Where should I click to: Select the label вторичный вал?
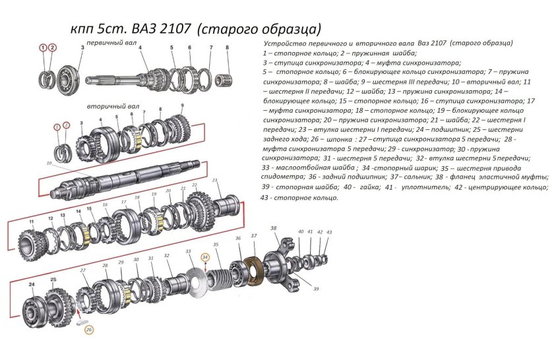point(108,105)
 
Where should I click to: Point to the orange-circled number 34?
point(205,257)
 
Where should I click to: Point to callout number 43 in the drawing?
point(329,232)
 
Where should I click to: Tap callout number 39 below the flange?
point(316,289)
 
